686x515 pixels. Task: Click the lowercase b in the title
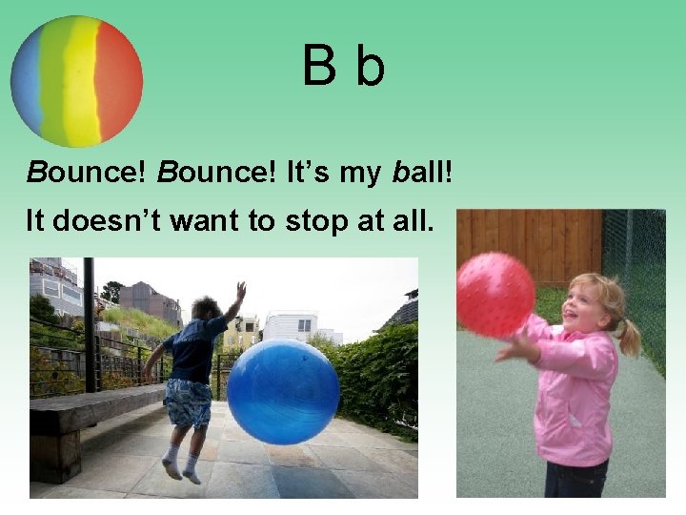point(370,66)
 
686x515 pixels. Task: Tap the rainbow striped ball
point(76,81)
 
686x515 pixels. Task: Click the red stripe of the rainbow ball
point(120,81)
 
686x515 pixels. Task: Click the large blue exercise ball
point(283,392)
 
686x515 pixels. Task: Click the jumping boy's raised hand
point(241,290)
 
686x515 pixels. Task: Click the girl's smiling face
point(582,307)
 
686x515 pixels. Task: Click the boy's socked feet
point(181,469)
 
